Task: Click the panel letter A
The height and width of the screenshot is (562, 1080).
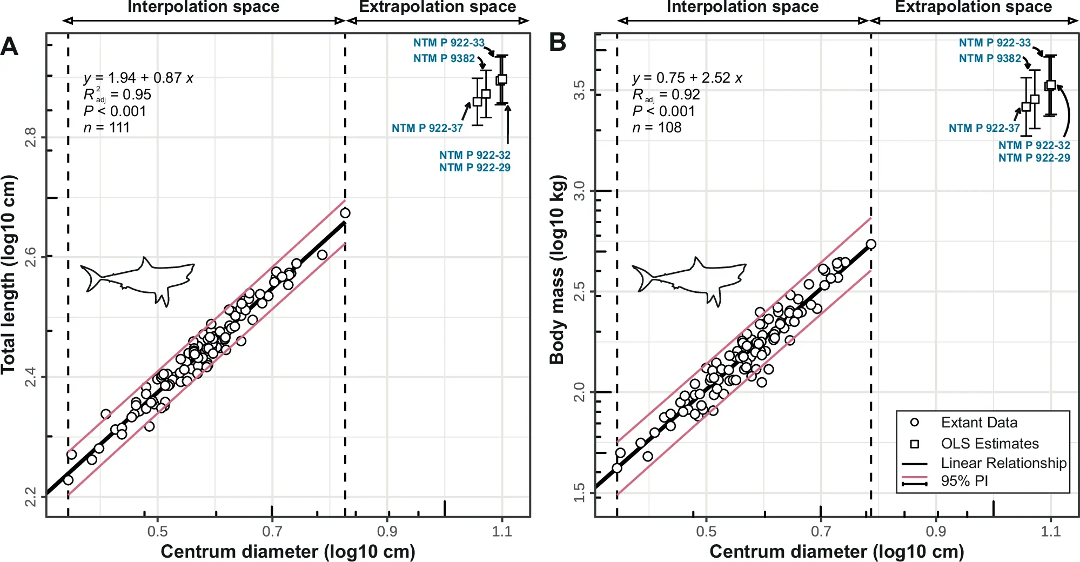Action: (x=9, y=47)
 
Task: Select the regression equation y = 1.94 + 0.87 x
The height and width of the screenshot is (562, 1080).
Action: (x=138, y=78)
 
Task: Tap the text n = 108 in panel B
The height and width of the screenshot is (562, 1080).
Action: (x=656, y=128)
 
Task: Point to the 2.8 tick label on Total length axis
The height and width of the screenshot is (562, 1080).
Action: (x=31, y=137)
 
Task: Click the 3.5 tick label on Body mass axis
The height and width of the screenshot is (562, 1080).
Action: (x=579, y=90)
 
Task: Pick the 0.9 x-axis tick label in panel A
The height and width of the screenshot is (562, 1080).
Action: (x=387, y=532)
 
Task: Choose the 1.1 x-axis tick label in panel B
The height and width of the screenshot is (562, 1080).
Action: (x=1050, y=532)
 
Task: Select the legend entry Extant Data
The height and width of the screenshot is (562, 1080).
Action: (x=978, y=423)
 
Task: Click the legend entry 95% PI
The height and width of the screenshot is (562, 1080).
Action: (x=964, y=481)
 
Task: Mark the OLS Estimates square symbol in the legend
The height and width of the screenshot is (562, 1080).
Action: (x=914, y=444)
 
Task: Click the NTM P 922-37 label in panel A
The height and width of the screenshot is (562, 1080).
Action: (x=427, y=128)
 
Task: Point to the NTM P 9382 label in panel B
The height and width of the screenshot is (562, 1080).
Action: (x=990, y=58)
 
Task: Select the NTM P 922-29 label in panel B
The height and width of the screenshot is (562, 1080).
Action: (x=1034, y=158)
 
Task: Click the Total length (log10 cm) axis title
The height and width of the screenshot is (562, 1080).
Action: (x=8, y=275)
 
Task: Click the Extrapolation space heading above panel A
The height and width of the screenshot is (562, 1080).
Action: (x=437, y=7)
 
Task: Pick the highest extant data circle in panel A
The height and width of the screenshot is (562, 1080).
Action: (x=345, y=213)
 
